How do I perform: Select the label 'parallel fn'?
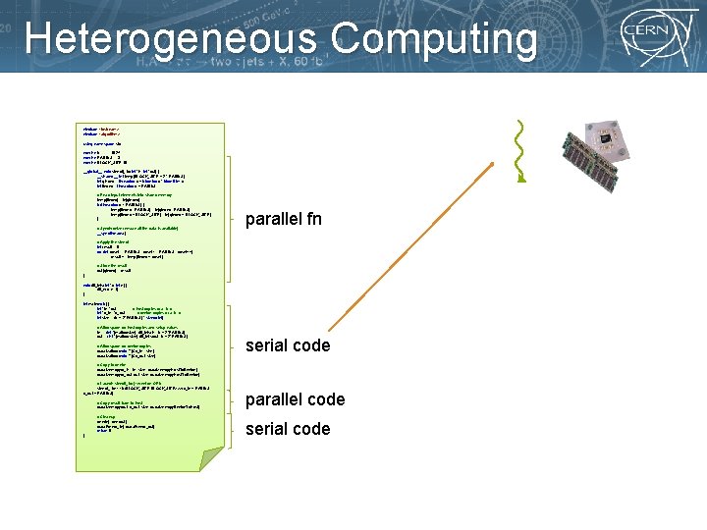(284, 218)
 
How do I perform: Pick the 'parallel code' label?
(295, 399)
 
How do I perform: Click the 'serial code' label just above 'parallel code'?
(288, 345)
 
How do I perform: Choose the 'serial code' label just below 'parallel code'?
(288, 429)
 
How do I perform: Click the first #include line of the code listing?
(98, 129)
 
